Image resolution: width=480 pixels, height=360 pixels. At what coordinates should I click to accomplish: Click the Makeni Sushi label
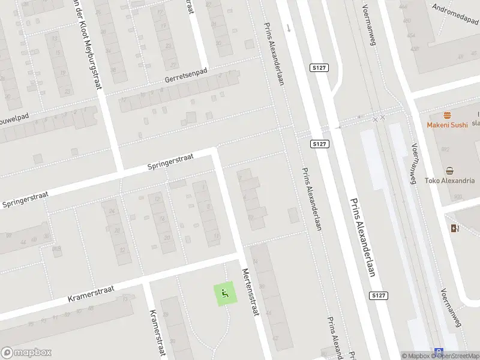[x=447, y=125]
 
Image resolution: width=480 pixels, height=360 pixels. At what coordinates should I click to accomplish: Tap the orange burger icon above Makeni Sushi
[x=447, y=115]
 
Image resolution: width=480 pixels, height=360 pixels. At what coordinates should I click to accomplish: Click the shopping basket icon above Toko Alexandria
[x=449, y=170]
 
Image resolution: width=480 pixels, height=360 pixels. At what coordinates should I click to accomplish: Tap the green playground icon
[x=225, y=293]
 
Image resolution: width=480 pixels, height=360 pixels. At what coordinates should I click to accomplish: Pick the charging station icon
[x=454, y=228]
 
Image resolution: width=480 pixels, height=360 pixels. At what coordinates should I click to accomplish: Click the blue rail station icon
[x=439, y=353]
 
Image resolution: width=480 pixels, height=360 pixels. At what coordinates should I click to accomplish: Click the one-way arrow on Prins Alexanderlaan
[x=288, y=28]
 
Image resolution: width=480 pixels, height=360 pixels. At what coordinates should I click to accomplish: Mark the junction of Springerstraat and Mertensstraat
[x=214, y=152]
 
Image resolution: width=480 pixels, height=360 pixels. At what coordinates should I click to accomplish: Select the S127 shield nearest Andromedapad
[x=319, y=69]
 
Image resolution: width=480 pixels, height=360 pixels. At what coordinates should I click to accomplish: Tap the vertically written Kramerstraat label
[x=157, y=333]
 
